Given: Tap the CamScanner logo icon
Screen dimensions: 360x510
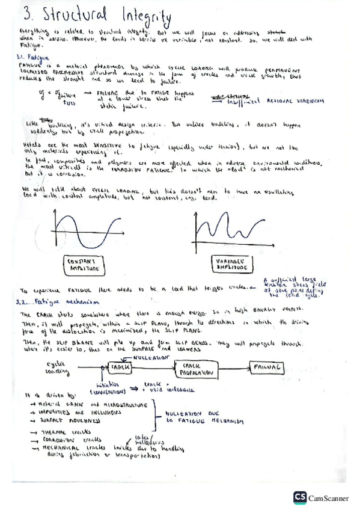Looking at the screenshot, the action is tap(299, 497).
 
